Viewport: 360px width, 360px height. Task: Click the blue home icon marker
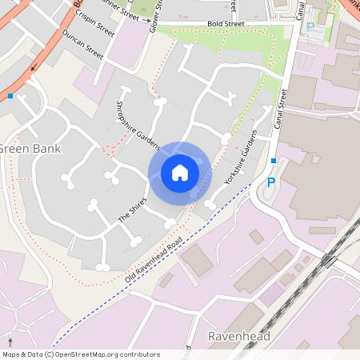coord(180,172)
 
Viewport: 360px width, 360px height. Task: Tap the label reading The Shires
coord(133,210)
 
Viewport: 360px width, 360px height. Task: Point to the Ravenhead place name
coord(238,336)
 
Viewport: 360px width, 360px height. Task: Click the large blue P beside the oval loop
coord(271,182)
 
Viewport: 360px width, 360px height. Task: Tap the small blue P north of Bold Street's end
coord(310,26)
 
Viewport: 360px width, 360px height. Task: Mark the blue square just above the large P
coord(274,161)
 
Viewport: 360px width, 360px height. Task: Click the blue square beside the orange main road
coord(10,96)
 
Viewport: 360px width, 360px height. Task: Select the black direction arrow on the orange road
coord(34,67)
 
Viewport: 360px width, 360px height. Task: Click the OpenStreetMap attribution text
coord(81,354)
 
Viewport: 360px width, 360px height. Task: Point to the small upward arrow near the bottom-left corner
coord(10,342)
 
